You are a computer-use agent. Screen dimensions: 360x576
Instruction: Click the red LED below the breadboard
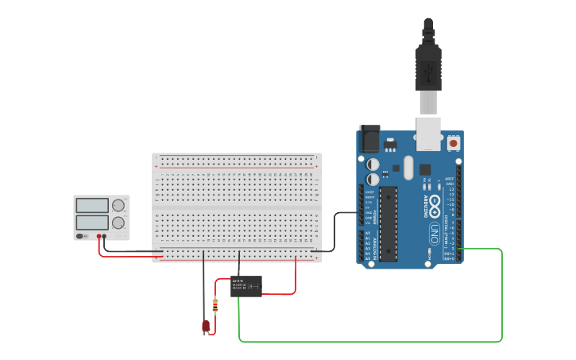coord(206,326)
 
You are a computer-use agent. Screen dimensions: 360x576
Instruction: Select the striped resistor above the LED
coord(215,305)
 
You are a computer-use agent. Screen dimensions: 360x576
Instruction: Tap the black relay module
coord(245,286)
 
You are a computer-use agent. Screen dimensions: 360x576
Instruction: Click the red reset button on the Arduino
coord(454,144)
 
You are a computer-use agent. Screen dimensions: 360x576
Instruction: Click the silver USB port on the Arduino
coord(429,133)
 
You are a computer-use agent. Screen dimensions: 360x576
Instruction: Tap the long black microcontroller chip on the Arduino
coord(389,223)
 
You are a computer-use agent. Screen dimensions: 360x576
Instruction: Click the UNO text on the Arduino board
coord(434,233)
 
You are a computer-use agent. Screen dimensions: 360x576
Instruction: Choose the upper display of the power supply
coord(92,205)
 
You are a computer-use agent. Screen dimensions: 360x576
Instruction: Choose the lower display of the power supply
coord(92,223)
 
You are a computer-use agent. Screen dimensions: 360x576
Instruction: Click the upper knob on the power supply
coord(119,205)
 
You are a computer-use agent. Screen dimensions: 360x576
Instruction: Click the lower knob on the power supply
coord(119,223)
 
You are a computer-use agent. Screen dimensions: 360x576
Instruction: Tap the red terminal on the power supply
coord(99,236)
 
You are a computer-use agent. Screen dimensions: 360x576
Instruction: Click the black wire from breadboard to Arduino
coord(334,230)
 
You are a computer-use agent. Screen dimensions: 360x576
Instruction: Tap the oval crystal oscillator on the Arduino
coord(408,168)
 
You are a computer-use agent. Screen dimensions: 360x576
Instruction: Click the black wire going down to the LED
coord(203,286)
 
